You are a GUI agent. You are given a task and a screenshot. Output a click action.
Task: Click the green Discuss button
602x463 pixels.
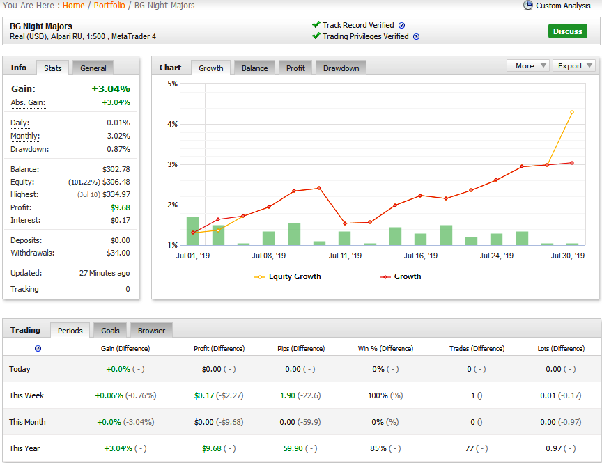[567, 31]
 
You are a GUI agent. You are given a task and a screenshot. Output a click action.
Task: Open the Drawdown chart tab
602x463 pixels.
[341, 68]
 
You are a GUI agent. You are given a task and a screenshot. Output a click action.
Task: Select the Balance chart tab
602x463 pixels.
[254, 68]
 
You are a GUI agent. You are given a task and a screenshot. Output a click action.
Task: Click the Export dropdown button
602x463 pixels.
[574, 65]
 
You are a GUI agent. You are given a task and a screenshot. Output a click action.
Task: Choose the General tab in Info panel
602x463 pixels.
[93, 68]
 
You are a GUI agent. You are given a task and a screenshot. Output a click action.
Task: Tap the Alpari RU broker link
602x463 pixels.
[66, 36]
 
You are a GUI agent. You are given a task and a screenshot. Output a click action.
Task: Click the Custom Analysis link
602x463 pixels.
[563, 6]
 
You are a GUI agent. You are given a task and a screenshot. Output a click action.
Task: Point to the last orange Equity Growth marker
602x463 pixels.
[572, 112]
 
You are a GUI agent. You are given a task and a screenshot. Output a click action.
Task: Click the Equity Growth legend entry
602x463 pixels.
[288, 276]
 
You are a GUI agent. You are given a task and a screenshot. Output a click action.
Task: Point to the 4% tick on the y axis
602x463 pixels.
[172, 124]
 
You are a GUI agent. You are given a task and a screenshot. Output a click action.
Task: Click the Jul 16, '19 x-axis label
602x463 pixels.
[420, 256]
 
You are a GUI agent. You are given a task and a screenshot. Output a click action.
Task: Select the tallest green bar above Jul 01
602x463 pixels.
[193, 231]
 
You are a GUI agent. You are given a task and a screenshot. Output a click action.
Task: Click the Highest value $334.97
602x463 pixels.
[116, 194]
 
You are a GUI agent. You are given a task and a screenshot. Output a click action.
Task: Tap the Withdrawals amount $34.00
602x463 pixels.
[118, 253]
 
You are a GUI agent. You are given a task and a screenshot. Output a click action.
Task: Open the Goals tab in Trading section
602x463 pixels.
[110, 331]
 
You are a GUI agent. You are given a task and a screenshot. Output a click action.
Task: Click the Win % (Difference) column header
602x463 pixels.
[385, 348]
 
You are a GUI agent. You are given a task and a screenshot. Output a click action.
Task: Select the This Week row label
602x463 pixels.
[26, 395]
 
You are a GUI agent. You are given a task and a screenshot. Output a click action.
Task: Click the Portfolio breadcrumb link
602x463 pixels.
[109, 6]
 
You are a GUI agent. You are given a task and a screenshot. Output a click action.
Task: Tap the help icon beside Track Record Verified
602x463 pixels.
[401, 25]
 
